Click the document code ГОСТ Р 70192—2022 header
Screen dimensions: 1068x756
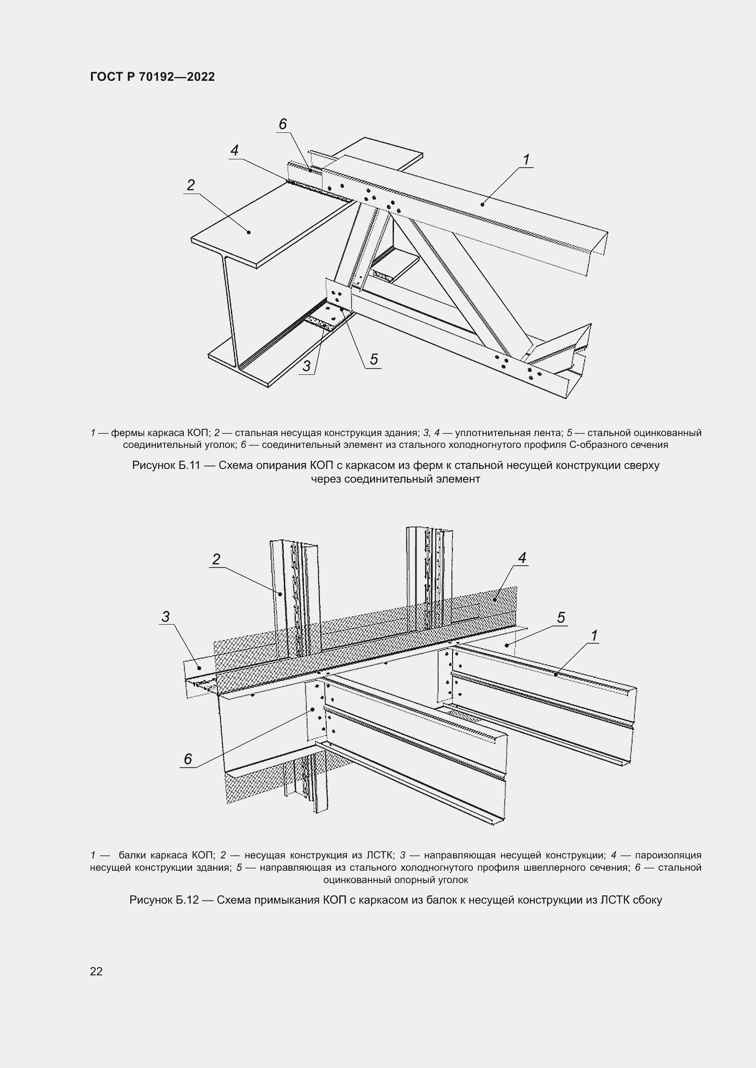(x=153, y=77)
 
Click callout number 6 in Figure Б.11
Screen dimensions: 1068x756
(x=282, y=124)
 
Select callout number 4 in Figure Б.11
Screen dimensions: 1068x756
(x=234, y=150)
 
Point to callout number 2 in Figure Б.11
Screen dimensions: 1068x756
(x=191, y=185)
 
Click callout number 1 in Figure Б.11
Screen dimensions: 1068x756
(x=526, y=159)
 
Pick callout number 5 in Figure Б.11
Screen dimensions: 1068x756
(x=374, y=359)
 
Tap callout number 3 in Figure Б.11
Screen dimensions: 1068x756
(x=306, y=366)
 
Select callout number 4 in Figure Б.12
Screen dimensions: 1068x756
(x=522, y=558)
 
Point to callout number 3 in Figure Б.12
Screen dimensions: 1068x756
(x=166, y=617)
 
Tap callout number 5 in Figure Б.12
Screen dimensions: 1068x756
(x=561, y=618)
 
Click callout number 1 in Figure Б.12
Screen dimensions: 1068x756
(x=594, y=636)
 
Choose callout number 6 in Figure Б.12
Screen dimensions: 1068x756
(x=187, y=759)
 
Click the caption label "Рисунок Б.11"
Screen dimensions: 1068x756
(x=166, y=465)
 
